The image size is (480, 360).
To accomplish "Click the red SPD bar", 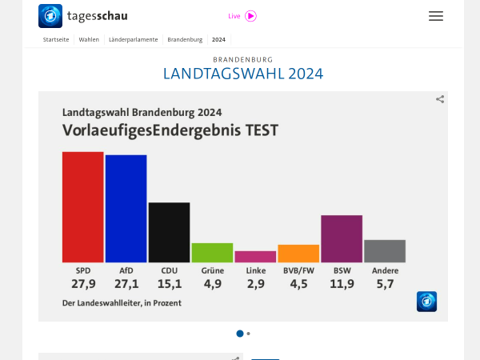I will coord(82,206).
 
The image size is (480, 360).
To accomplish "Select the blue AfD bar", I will coord(126,208).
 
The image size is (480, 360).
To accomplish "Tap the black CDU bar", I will coord(169,232).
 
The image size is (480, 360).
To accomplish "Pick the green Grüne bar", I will coord(212,252).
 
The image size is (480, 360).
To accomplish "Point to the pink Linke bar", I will coord(255,257).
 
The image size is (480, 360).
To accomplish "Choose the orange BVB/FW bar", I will coord(298,254).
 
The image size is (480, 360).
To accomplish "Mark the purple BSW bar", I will coord(342,238).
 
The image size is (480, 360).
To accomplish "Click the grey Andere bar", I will coord(385,251).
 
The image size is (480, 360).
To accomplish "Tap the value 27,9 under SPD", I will coord(83,284).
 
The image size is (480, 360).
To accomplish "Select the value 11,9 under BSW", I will coord(342,284).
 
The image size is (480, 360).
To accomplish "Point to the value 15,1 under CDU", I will coord(170,284).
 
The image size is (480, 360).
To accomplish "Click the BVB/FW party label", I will coord(298,270).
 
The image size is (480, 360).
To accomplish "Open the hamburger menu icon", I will coord(436,16).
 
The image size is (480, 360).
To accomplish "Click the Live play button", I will coord(251,16).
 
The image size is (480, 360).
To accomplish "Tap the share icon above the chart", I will coord(440,99).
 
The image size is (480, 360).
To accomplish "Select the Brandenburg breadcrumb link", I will coord(185,39).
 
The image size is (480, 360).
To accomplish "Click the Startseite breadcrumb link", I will coord(56,39).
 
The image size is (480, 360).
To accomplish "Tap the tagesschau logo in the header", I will coord(83,16).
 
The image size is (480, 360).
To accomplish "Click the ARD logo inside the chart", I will coord(426,302).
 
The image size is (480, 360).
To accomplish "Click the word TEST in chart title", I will coord(261,130).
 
